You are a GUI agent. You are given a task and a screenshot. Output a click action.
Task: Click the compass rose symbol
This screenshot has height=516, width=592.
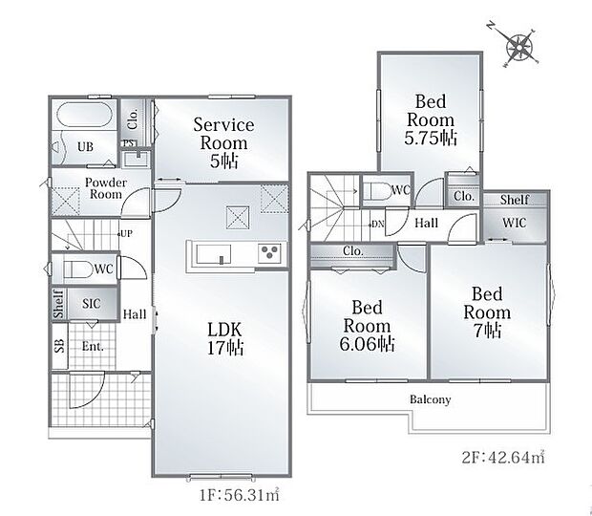click(518, 47)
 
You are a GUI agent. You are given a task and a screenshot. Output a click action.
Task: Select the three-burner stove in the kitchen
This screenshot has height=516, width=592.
click(269, 252)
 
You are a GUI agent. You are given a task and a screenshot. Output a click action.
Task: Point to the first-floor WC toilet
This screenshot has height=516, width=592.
click(78, 269)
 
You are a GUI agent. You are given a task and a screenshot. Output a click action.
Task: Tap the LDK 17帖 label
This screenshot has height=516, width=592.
click(225, 338)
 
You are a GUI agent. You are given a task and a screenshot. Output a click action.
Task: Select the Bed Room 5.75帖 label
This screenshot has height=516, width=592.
click(431, 120)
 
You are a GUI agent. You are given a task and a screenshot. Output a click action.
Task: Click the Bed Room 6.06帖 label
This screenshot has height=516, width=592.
click(367, 326)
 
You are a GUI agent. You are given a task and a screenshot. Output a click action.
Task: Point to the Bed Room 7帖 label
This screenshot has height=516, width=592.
click(487, 312)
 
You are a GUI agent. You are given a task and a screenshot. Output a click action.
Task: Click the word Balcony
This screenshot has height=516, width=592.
click(431, 399)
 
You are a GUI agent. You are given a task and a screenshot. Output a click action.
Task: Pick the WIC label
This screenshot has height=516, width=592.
click(515, 223)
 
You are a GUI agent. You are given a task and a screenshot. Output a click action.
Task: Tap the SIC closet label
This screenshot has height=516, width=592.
click(92, 303)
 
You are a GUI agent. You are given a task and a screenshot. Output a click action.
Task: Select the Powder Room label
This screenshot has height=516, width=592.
click(106, 188)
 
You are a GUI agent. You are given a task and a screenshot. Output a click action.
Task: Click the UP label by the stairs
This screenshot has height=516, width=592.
click(126, 234)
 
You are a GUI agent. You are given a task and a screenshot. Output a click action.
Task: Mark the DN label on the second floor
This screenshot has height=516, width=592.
click(378, 224)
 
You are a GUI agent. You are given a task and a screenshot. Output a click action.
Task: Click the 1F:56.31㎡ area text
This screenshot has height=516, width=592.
click(240, 495)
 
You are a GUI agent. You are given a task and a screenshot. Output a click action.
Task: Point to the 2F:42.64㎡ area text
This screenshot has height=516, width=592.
click(503, 457)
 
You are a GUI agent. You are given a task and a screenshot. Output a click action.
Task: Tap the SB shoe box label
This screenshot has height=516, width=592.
click(59, 347)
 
